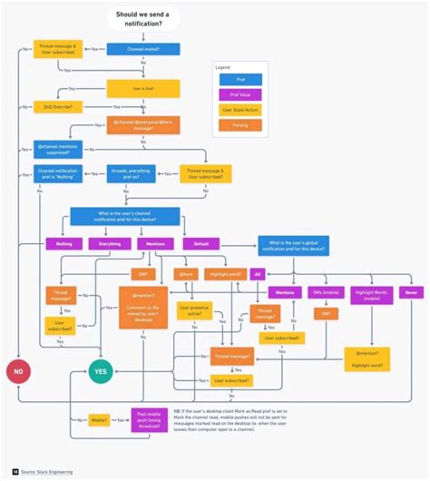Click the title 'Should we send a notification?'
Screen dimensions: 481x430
[x=142, y=20]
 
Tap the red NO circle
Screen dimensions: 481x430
[x=17, y=370]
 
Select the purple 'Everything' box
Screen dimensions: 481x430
[x=110, y=243]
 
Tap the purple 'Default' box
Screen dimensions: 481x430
[x=201, y=243]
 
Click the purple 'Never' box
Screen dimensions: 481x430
[x=412, y=293]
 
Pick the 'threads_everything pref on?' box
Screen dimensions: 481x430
[x=119, y=172]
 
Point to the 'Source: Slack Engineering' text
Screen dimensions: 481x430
[x=47, y=472]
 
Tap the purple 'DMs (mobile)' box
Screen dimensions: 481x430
[x=326, y=293]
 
